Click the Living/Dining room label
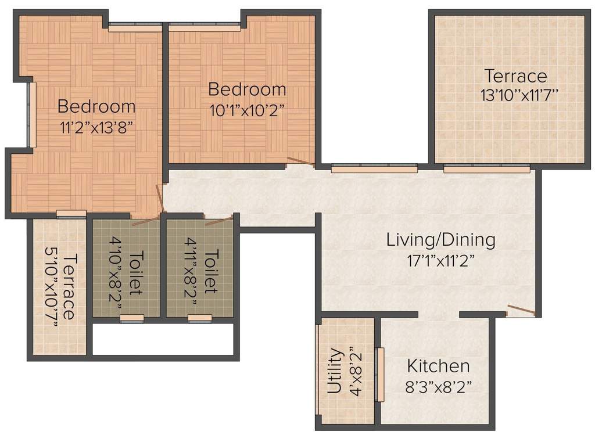(x=441, y=239)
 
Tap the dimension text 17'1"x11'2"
(x=441, y=259)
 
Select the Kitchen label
(x=438, y=366)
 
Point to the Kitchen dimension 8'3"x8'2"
(x=438, y=386)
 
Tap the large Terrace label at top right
(x=516, y=76)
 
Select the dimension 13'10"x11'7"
(x=519, y=95)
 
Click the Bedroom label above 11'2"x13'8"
(x=96, y=107)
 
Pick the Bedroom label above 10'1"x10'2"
(x=247, y=89)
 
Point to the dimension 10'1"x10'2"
(x=247, y=109)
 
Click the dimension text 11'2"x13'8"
(x=96, y=127)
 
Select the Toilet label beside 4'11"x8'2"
(x=213, y=272)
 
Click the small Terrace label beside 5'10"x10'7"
(x=69, y=286)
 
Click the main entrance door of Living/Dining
(x=521, y=311)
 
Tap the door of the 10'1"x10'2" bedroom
(x=300, y=162)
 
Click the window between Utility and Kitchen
(x=381, y=375)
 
